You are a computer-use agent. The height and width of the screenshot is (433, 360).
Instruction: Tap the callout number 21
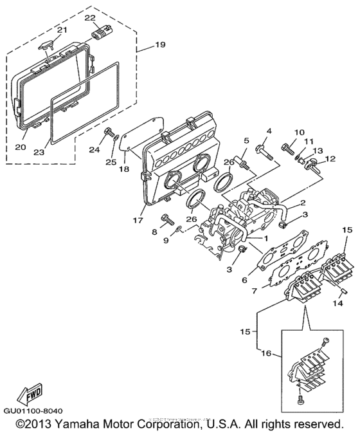coord(62,30)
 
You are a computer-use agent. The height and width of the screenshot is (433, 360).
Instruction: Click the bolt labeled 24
coord(105,134)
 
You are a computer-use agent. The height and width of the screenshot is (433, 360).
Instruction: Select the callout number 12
coord(330,158)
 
